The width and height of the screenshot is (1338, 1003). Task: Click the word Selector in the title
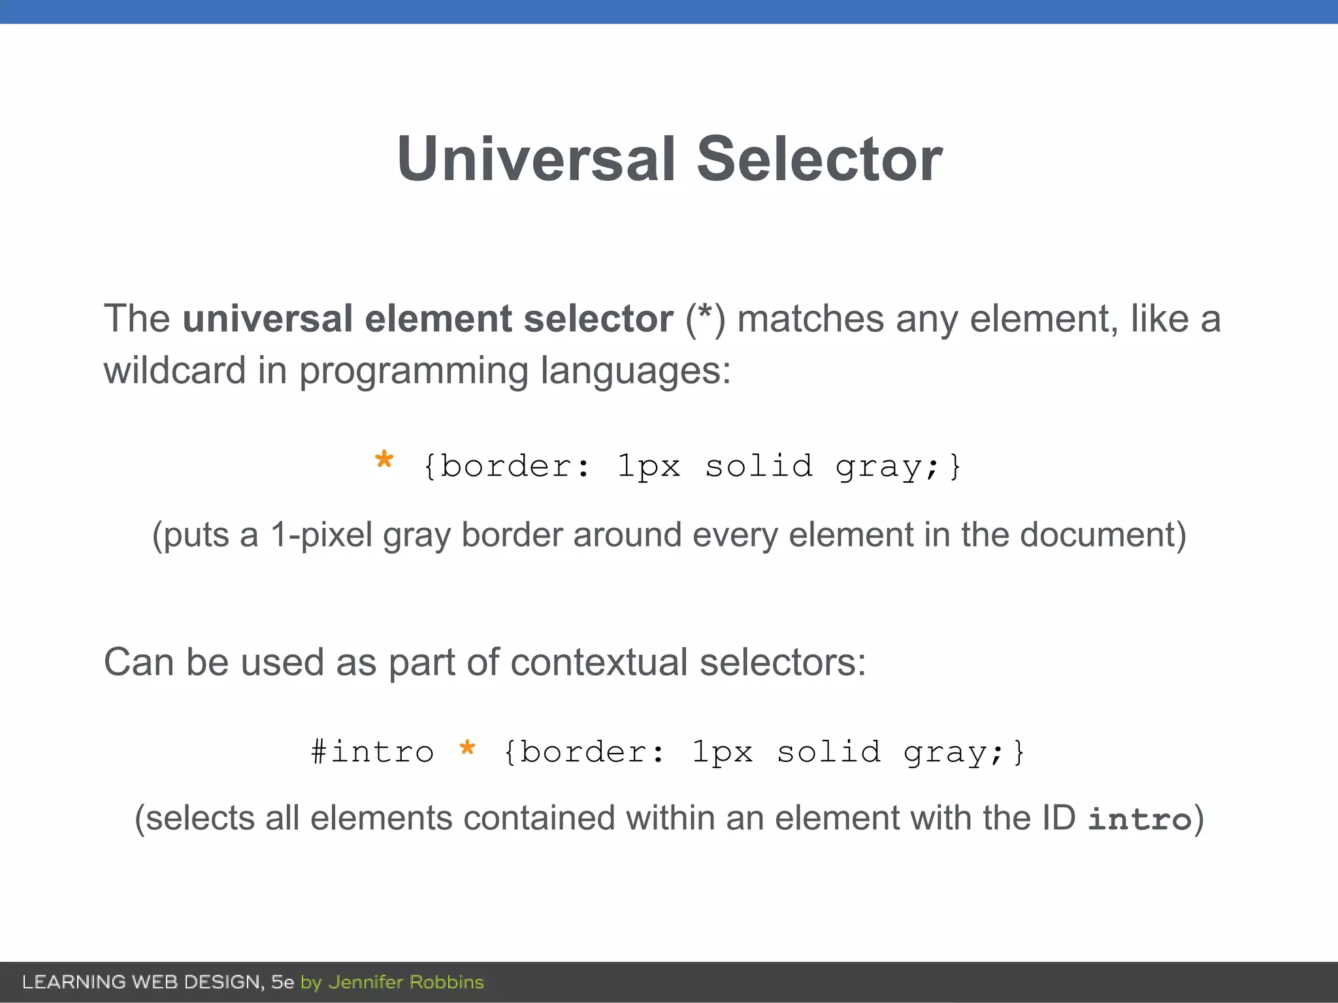tap(819, 159)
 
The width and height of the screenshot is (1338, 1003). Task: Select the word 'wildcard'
tap(174, 370)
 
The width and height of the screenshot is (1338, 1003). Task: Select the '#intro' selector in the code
tap(372, 752)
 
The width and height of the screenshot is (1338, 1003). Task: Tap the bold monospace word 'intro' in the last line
tap(1139, 820)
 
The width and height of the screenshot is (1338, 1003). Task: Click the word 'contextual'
tap(598, 662)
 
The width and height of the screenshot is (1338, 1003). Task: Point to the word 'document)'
tap(1103, 535)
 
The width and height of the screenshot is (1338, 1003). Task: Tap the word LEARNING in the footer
tap(74, 982)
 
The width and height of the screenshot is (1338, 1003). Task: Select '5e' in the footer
tap(282, 982)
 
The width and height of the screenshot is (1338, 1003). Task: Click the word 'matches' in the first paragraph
tap(810, 319)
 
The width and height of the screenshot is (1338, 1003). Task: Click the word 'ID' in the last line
tap(1058, 818)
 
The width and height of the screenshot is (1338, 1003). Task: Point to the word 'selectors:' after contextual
tap(783, 662)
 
